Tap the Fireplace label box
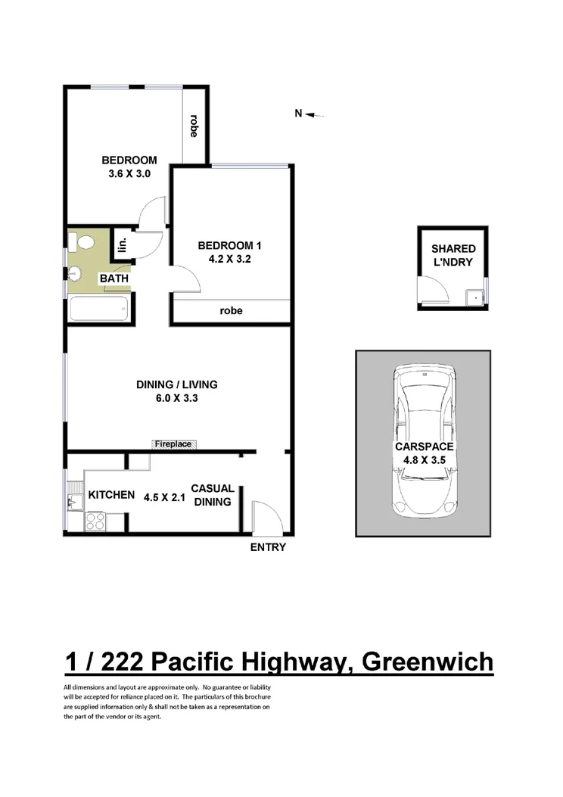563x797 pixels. click(x=173, y=444)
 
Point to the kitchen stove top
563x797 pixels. click(x=96, y=521)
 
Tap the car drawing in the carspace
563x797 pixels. click(x=424, y=439)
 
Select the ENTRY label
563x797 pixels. click(x=268, y=547)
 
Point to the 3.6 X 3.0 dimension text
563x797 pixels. click(x=129, y=174)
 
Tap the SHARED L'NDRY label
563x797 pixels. click(x=453, y=255)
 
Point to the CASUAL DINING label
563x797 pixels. click(x=212, y=495)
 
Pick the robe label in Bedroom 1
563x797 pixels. click(x=231, y=310)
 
